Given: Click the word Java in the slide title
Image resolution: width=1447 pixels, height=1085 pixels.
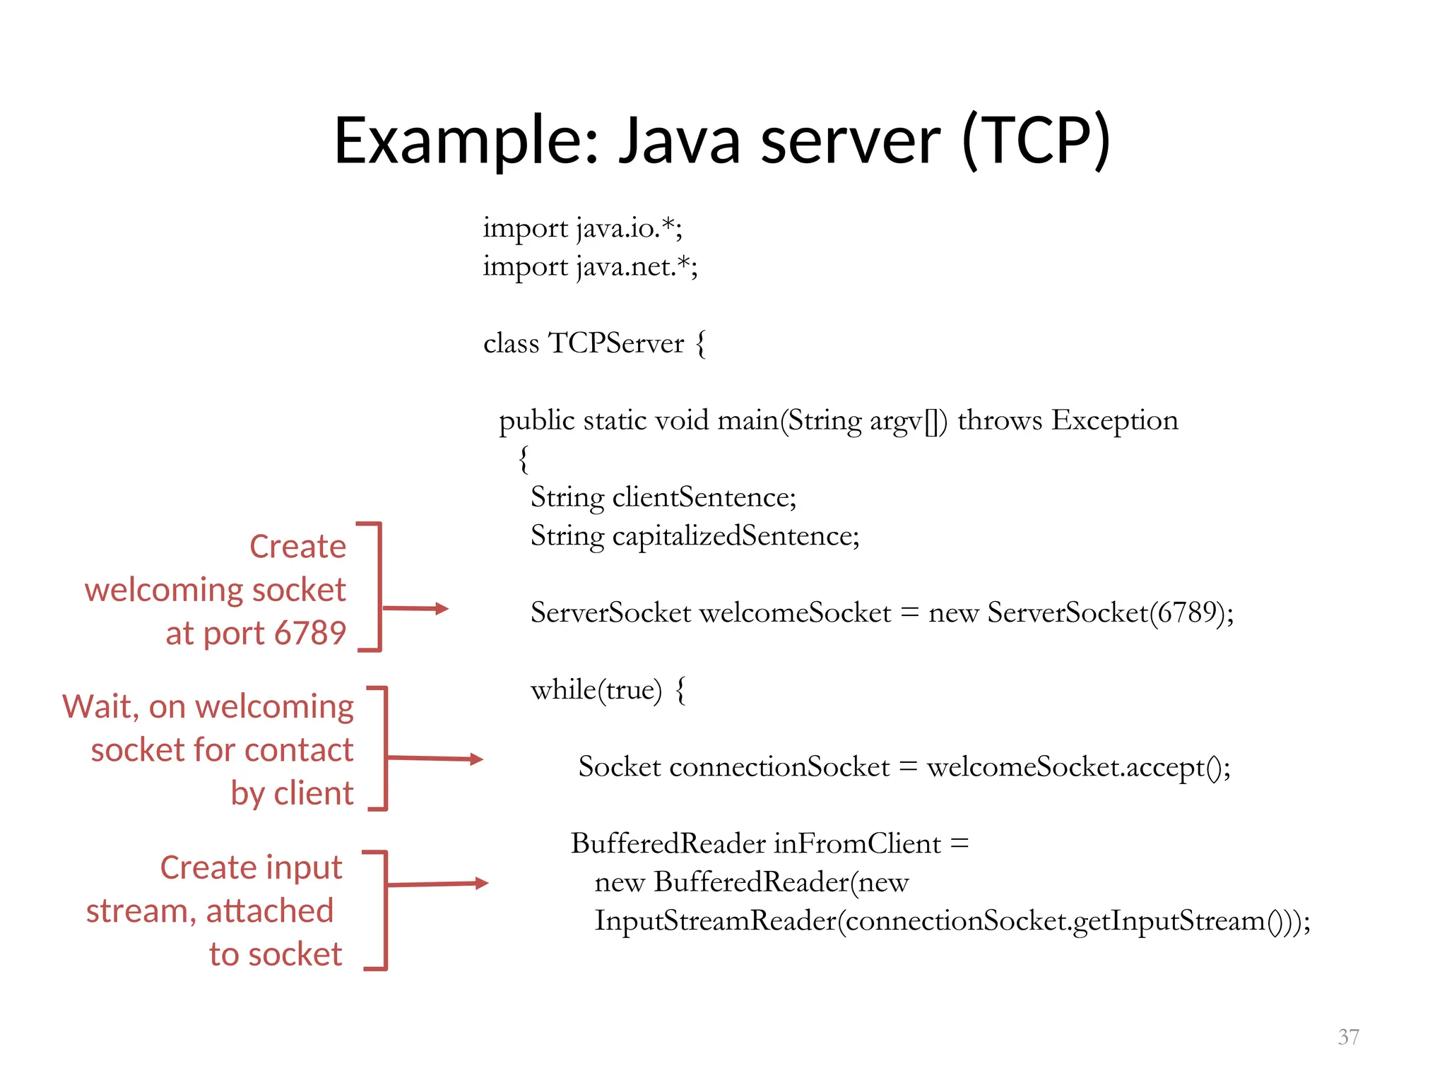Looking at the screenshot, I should tap(679, 141).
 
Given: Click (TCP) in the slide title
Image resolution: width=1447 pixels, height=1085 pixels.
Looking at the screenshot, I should tap(1036, 141).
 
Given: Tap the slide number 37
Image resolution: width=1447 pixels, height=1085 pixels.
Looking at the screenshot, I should tap(1348, 1037).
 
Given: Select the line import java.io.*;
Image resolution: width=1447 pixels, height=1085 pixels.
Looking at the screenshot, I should tap(582, 228).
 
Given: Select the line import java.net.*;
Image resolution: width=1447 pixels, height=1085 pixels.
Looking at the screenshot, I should tap(590, 267).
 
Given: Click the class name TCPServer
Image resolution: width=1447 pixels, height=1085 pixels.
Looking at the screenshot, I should tap(616, 343).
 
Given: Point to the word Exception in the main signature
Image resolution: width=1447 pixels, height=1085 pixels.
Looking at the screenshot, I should tap(1115, 420).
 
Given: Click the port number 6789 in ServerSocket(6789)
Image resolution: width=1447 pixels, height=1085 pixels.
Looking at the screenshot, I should tap(1185, 612).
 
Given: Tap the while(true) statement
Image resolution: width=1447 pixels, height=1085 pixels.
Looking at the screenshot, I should tap(596, 690).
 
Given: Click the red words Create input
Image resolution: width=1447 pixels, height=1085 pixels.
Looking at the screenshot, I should tap(251, 867).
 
